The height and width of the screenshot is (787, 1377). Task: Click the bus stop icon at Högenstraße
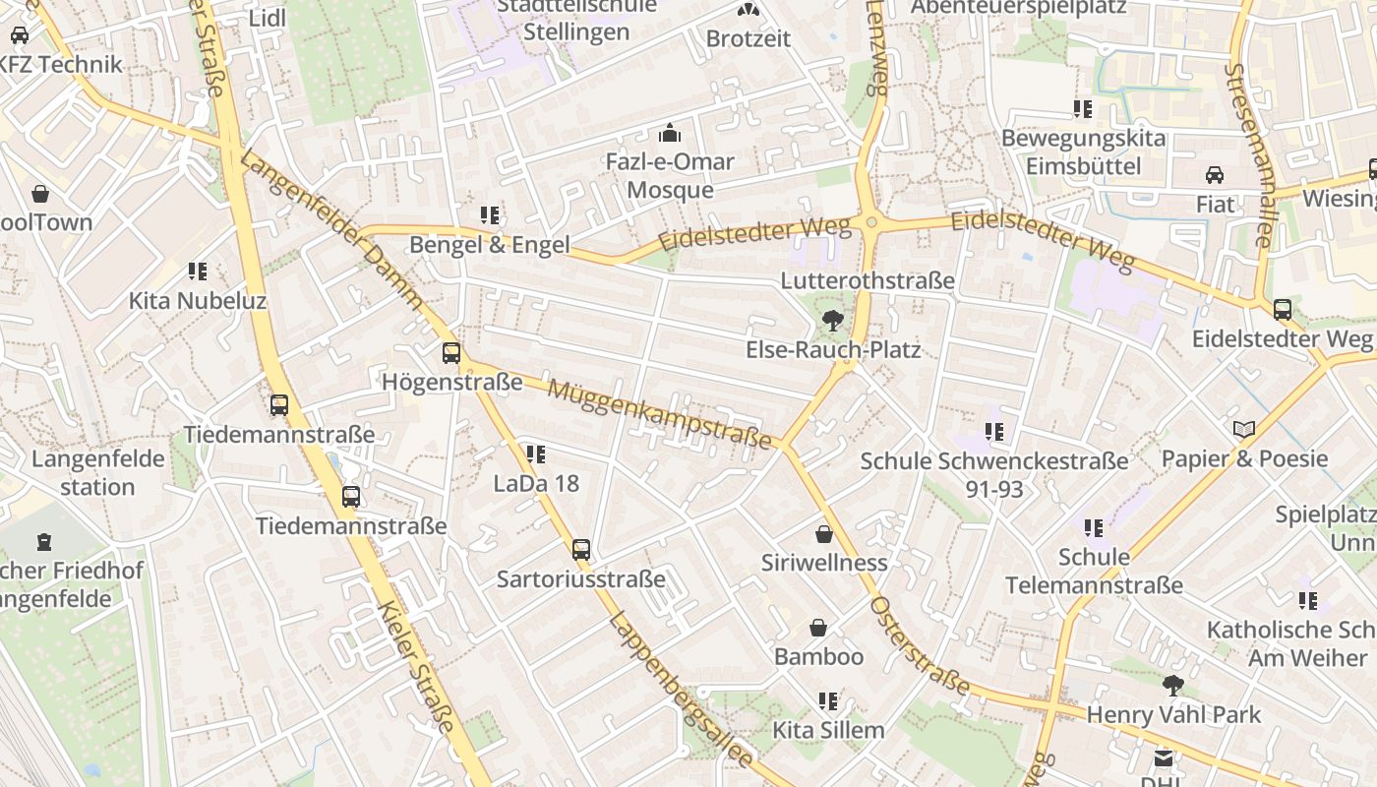click(x=450, y=352)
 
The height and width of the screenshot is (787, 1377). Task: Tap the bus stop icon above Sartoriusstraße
click(x=581, y=549)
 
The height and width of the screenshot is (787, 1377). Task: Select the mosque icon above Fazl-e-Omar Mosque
click(x=670, y=132)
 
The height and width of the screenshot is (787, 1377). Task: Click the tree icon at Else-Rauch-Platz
click(x=832, y=320)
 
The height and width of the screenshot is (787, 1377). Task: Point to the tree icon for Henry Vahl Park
click(x=1172, y=685)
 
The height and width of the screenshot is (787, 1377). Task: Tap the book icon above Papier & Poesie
click(x=1244, y=429)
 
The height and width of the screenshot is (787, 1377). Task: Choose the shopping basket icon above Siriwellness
click(x=824, y=533)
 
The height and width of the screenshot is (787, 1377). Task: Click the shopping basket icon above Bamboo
click(x=818, y=628)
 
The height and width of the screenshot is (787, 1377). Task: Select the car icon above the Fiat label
click(x=1215, y=175)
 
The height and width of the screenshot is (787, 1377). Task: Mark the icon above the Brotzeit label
click(x=748, y=10)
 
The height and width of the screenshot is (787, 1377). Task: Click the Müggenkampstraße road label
click(x=659, y=414)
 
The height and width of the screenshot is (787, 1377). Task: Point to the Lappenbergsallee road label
click(x=681, y=689)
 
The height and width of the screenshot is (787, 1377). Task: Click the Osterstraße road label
click(x=921, y=645)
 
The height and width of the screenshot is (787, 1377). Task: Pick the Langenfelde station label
click(x=84, y=472)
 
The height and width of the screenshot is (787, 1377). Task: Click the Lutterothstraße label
click(x=867, y=280)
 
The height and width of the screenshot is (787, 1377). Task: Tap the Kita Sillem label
click(x=828, y=730)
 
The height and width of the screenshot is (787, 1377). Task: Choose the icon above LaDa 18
click(x=535, y=454)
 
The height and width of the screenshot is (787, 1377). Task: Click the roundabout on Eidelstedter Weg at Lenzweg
click(x=871, y=223)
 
